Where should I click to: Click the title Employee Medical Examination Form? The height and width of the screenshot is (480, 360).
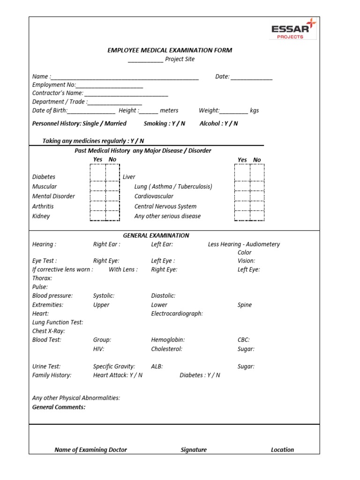click(170, 50)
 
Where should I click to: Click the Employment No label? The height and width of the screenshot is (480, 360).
click(53, 85)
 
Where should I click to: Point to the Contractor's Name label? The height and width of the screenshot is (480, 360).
click(58, 93)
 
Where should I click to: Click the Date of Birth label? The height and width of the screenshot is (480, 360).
click(50, 111)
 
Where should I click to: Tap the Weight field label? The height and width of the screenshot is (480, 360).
click(209, 111)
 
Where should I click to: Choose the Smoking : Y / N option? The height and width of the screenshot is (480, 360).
click(165, 124)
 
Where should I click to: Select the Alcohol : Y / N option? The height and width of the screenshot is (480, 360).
click(218, 124)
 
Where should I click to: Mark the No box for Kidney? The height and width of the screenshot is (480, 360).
click(112, 216)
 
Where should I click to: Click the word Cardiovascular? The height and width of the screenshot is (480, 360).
click(154, 196)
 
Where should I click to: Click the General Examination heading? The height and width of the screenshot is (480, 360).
click(156, 235)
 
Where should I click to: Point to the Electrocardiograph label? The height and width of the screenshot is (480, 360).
click(177, 314)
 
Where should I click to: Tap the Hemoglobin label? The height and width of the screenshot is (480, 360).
click(168, 340)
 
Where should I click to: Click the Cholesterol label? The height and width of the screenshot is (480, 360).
click(166, 349)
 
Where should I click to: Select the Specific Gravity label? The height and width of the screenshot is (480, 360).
click(114, 367)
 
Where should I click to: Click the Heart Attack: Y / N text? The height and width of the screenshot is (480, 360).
click(118, 375)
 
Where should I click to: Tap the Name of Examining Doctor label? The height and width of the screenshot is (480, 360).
click(90, 450)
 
